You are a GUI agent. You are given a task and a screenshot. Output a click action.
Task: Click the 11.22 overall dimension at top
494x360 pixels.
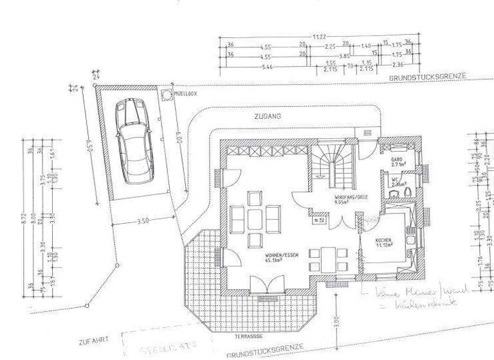point(318,37)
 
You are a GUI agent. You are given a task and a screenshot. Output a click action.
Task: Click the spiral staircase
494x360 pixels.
point(333,163)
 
